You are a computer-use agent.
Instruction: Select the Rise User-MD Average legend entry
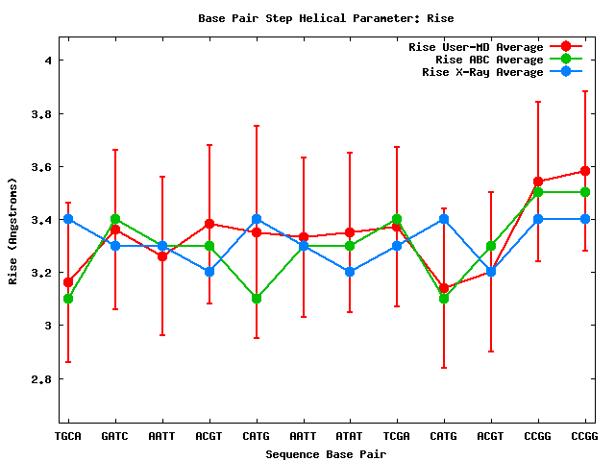click(x=476, y=47)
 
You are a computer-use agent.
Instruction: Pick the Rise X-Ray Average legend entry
click(x=482, y=72)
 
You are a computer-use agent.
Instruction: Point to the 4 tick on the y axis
click(x=47, y=61)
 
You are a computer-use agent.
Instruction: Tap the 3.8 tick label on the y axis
click(x=41, y=113)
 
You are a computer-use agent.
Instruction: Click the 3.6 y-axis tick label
click(x=41, y=167)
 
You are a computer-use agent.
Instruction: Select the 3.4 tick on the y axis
click(x=41, y=220)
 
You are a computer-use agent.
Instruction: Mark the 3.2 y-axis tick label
click(x=41, y=273)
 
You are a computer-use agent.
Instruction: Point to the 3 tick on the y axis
click(x=47, y=326)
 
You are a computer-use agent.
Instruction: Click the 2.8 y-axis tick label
click(x=41, y=379)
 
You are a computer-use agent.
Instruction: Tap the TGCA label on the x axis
click(x=67, y=436)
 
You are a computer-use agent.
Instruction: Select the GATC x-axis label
click(x=114, y=436)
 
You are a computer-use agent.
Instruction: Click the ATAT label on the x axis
click(x=350, y=436)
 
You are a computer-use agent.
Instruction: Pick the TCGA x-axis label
click(x=397, y=436)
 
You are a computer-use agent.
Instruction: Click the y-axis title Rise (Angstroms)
click(x=14, y=230)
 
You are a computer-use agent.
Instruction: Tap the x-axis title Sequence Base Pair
click(x=326, y=453)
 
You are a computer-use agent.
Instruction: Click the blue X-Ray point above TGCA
click(x=67, y=219)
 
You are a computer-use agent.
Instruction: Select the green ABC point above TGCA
click(x=67, y=299)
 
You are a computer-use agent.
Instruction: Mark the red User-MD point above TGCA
click(x=67, y=282)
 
